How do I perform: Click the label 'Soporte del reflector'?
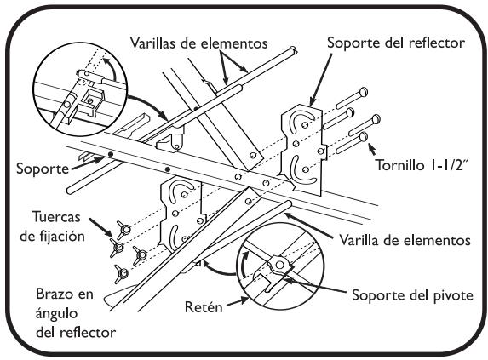tap(396, 43)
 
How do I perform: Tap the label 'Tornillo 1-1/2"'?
tap(422, 165)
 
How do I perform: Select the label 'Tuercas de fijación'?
tap(53, 226)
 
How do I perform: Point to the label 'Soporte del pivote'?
tap(412, 295)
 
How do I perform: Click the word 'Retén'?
tap(204, 307)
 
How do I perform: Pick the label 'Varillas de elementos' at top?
tap(199, 43)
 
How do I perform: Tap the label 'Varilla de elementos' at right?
tap(405, 240)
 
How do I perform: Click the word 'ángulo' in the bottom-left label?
tap(56, 313)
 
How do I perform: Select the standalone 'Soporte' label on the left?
tap(43, 169)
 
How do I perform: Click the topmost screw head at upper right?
tap(363, 92)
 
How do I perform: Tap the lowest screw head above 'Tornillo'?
tap(363, 137)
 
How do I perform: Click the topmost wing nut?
tap(124, 229)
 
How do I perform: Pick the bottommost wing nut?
tap(122, 273)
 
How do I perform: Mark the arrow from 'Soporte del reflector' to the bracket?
tap(320, 80)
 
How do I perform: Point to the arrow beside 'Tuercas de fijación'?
tap(100, 227)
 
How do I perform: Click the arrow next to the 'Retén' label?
tap(237, 302)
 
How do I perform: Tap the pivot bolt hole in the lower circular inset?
tap(280, 265)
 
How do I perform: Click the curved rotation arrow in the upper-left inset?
tap(111, 69)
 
